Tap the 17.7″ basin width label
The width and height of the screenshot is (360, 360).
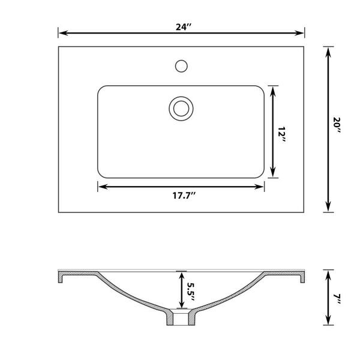click(181, 195)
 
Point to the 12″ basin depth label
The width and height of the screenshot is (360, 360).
click(281, 133)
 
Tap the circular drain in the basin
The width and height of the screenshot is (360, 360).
click(180, 108)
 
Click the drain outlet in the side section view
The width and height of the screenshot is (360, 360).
click(180, 318)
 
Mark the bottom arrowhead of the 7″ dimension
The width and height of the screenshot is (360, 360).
click(328, 322)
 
